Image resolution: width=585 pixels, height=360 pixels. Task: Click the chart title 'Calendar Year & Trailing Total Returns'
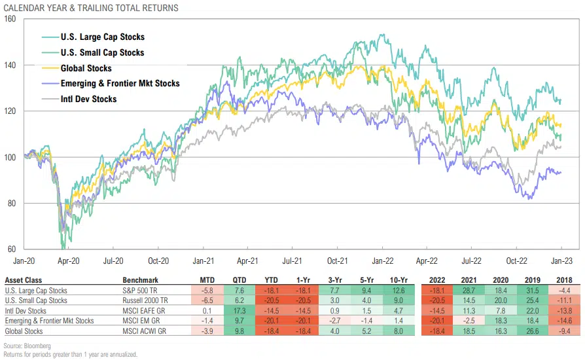click(91, 8)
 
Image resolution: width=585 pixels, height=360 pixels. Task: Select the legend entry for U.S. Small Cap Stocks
click(102, 52)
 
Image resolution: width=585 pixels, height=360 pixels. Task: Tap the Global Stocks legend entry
click(86, 68)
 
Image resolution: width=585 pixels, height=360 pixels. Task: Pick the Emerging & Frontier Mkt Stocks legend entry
click(120, 83)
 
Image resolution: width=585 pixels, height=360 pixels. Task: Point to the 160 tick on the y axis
click(10, 19)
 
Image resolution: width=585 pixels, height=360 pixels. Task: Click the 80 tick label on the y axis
click(12, 203)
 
